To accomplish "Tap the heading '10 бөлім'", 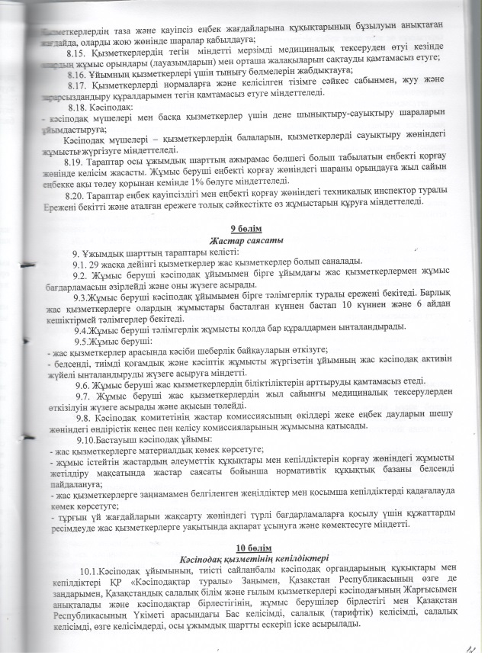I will point(251,548).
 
